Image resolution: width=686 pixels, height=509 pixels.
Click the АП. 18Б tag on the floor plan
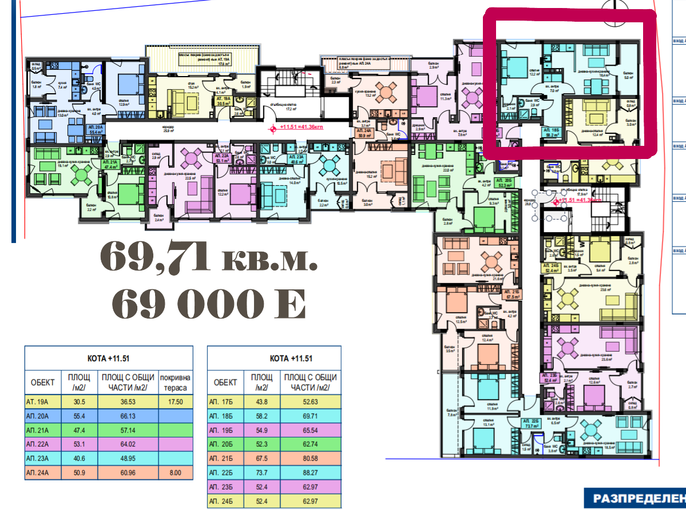click(550, 133)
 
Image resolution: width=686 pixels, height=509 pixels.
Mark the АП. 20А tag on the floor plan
click(94, 129)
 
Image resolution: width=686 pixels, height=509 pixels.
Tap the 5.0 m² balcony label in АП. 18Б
click(628, 77)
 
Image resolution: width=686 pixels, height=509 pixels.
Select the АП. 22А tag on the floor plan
click(221, 158)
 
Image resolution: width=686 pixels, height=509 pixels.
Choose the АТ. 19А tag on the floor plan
click(224, 101)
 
